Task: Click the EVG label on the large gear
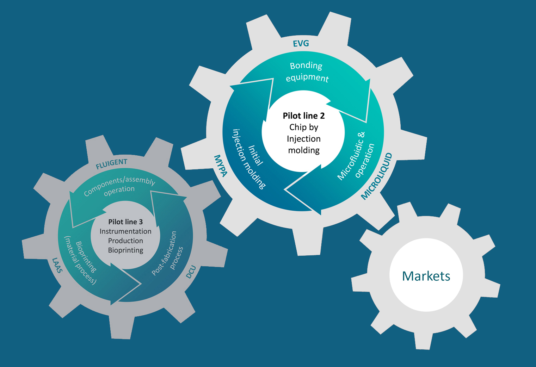(x=301, y=44)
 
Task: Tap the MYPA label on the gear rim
(x=221, y=165)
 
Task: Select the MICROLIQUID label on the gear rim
(x=377, y=176)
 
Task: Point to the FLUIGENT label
(x=111, y=164)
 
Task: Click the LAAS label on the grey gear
(x=57, y=265)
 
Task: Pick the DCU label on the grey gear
(x=191, y=272)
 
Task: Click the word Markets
(x=426, y=276)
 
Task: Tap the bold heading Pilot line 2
(x=304, y=116)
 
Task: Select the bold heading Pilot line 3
(x=125, y=222)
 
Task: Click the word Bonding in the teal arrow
(x=306, y=66)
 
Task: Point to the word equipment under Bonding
(x=307, y=77)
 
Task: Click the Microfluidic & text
(x=351, y=156)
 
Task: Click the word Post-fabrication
(x=164, y=253)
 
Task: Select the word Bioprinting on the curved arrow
(x=86, y=257)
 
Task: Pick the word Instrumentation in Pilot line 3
(x=125, y=231)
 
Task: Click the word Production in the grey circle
(x=125, y=241)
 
